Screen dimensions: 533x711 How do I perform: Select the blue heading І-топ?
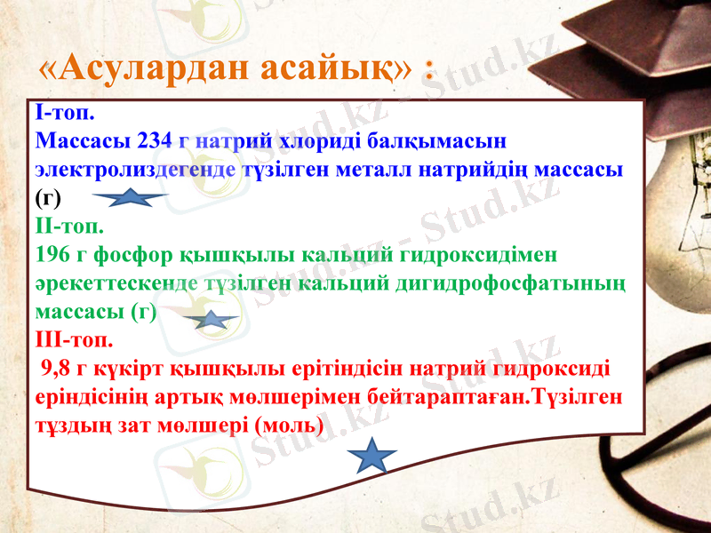(x=66, y=114)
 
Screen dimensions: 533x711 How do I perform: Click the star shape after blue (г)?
(x=130, y=197)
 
